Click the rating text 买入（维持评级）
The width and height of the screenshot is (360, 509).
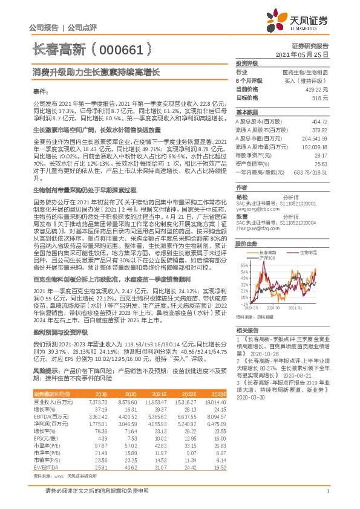tap(309, 80)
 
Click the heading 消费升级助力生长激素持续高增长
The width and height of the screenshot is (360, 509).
tap(96, 72)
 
